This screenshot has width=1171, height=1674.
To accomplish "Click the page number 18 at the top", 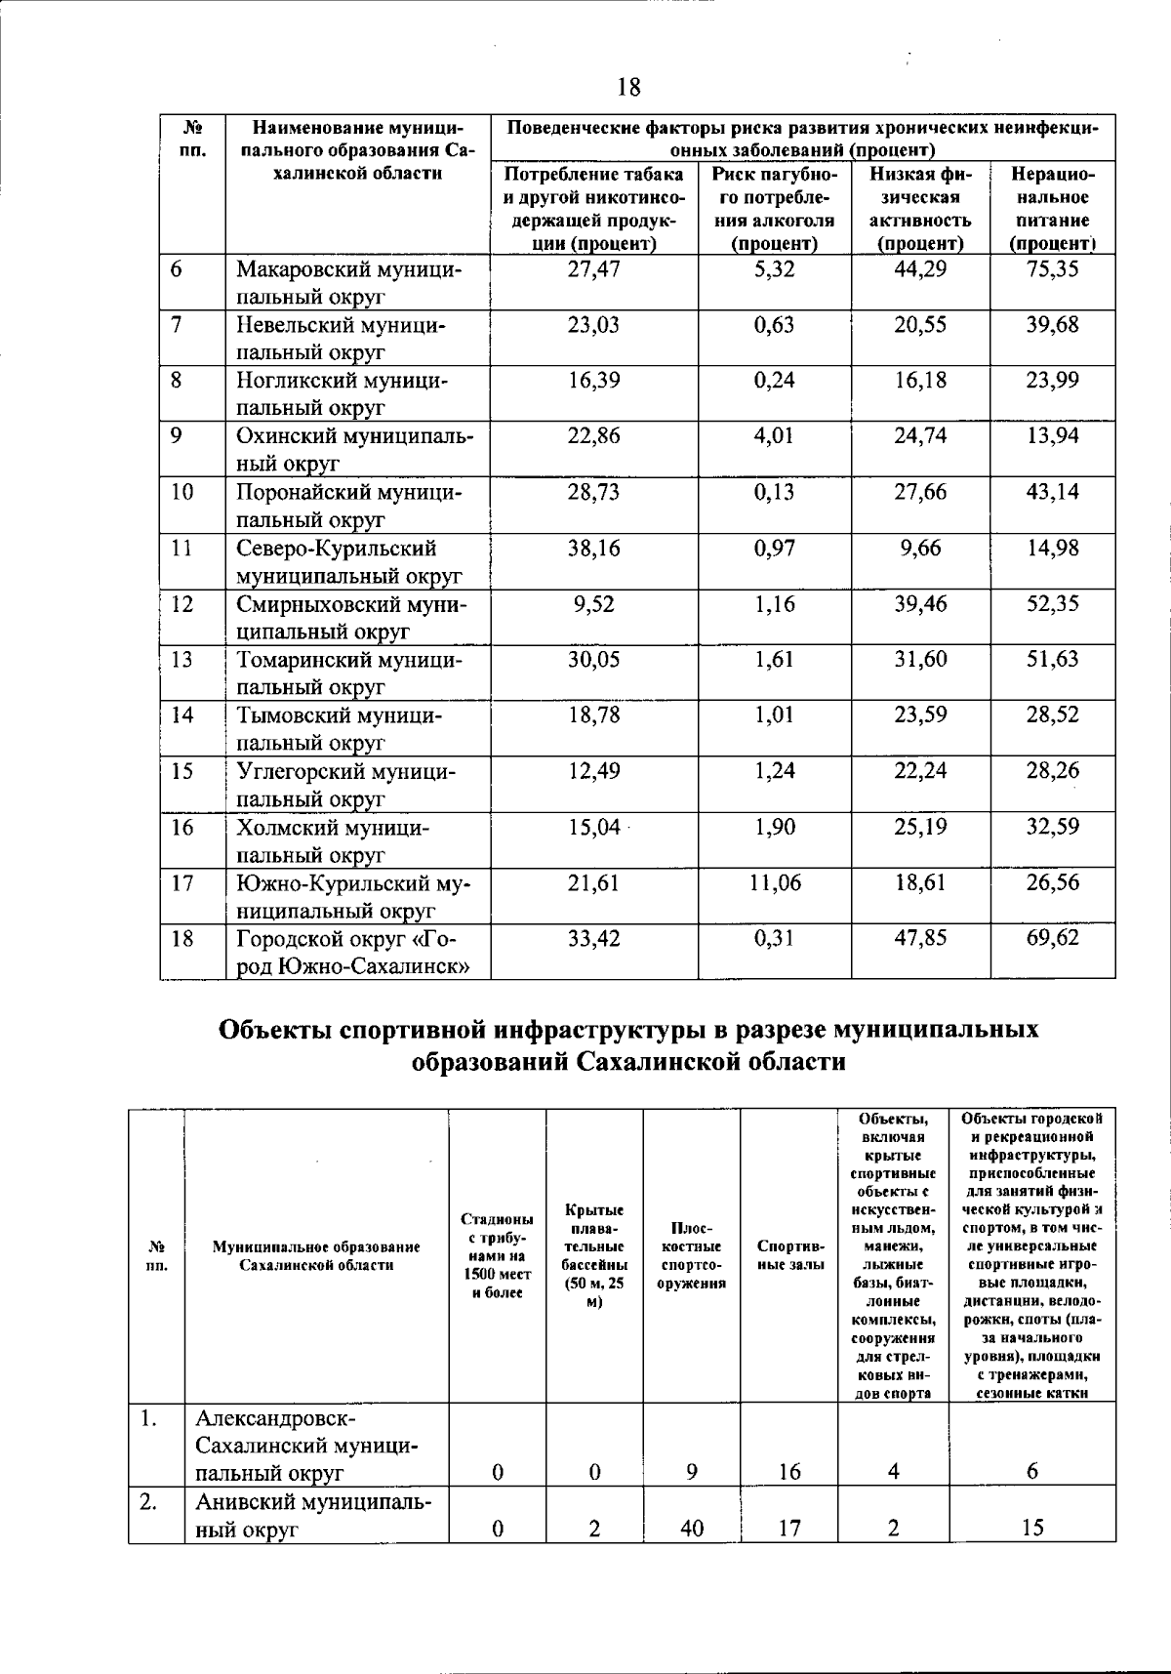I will pos(629,88).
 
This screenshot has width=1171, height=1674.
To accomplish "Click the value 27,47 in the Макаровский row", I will pos(593,269).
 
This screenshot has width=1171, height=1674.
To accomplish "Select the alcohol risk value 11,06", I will pos(775,884).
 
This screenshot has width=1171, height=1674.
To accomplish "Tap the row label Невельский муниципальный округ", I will pos(341,338).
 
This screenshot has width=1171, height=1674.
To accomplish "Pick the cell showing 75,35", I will pos(1052,269).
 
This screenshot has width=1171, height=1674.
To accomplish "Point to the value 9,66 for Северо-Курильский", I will pos(920,549).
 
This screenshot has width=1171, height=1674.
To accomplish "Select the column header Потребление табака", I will pos(593,209).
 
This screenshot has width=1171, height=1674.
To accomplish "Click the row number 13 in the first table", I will pos(182,660).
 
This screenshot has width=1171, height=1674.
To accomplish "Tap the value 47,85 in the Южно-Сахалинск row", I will pos(920,940).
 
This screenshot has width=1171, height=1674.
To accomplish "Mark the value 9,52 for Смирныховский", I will pos(593,604).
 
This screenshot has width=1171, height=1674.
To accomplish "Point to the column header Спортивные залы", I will pos(789,1255).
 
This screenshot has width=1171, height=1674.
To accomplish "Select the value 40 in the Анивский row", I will pos(691,1528).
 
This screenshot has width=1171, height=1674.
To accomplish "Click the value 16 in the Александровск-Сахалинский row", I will pos(789,1472).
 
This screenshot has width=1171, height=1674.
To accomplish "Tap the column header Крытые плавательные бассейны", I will pos(593,1255).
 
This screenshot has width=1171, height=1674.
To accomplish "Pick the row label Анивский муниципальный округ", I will pos(312,1514).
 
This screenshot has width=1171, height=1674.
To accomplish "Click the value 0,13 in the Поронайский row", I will pos(775,492).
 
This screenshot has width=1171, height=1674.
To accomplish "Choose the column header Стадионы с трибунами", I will pos(497,1255).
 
